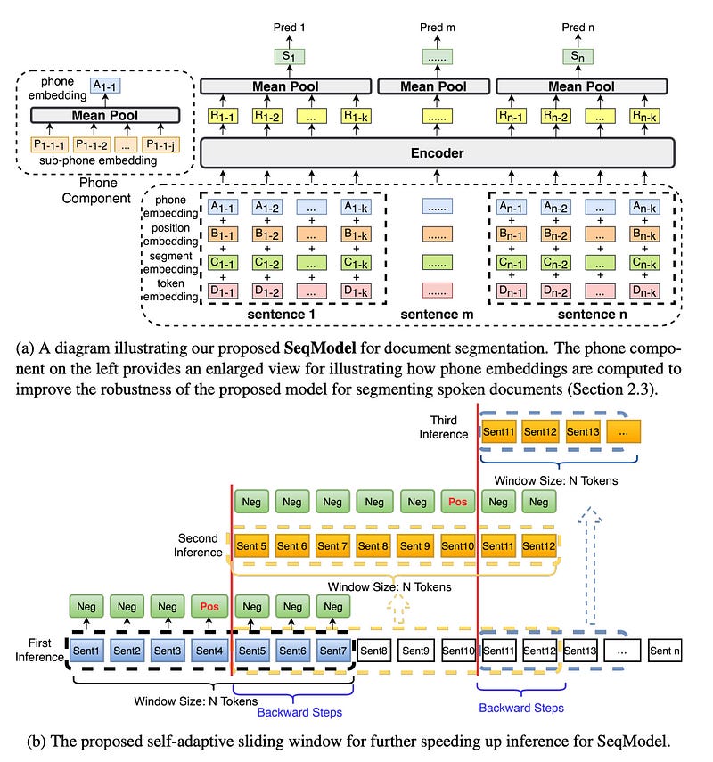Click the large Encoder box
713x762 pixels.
(437, 153)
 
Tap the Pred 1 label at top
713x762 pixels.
(290, 29)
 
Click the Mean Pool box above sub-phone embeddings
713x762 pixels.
(106, 115)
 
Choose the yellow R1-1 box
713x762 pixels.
(222, 115)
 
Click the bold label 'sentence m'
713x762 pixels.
(437, 315)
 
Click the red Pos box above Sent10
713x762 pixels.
(457, 503)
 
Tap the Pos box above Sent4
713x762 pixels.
(209, 607)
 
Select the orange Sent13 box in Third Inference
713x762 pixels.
(583, 432)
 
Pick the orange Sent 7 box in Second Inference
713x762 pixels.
(332, 546)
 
